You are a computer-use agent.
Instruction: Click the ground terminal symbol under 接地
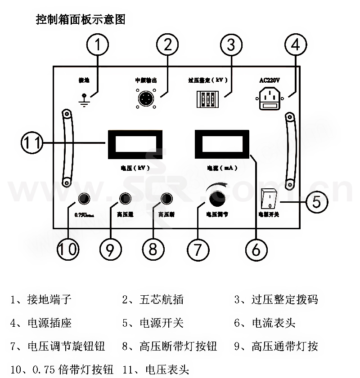coord(83,100)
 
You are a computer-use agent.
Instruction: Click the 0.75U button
coord(84,199)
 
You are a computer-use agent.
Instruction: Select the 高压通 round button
coord(125,199)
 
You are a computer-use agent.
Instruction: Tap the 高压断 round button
coord(166,199)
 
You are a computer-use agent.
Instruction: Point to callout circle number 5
coord(317,202)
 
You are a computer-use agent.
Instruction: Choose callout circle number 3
coord(231,45)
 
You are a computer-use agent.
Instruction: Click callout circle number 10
coord(67,249)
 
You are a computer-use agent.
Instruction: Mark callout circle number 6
coord(256,249)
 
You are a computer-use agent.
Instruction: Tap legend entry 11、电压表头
coord(155,370)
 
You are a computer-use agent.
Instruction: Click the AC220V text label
coord(270,80)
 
